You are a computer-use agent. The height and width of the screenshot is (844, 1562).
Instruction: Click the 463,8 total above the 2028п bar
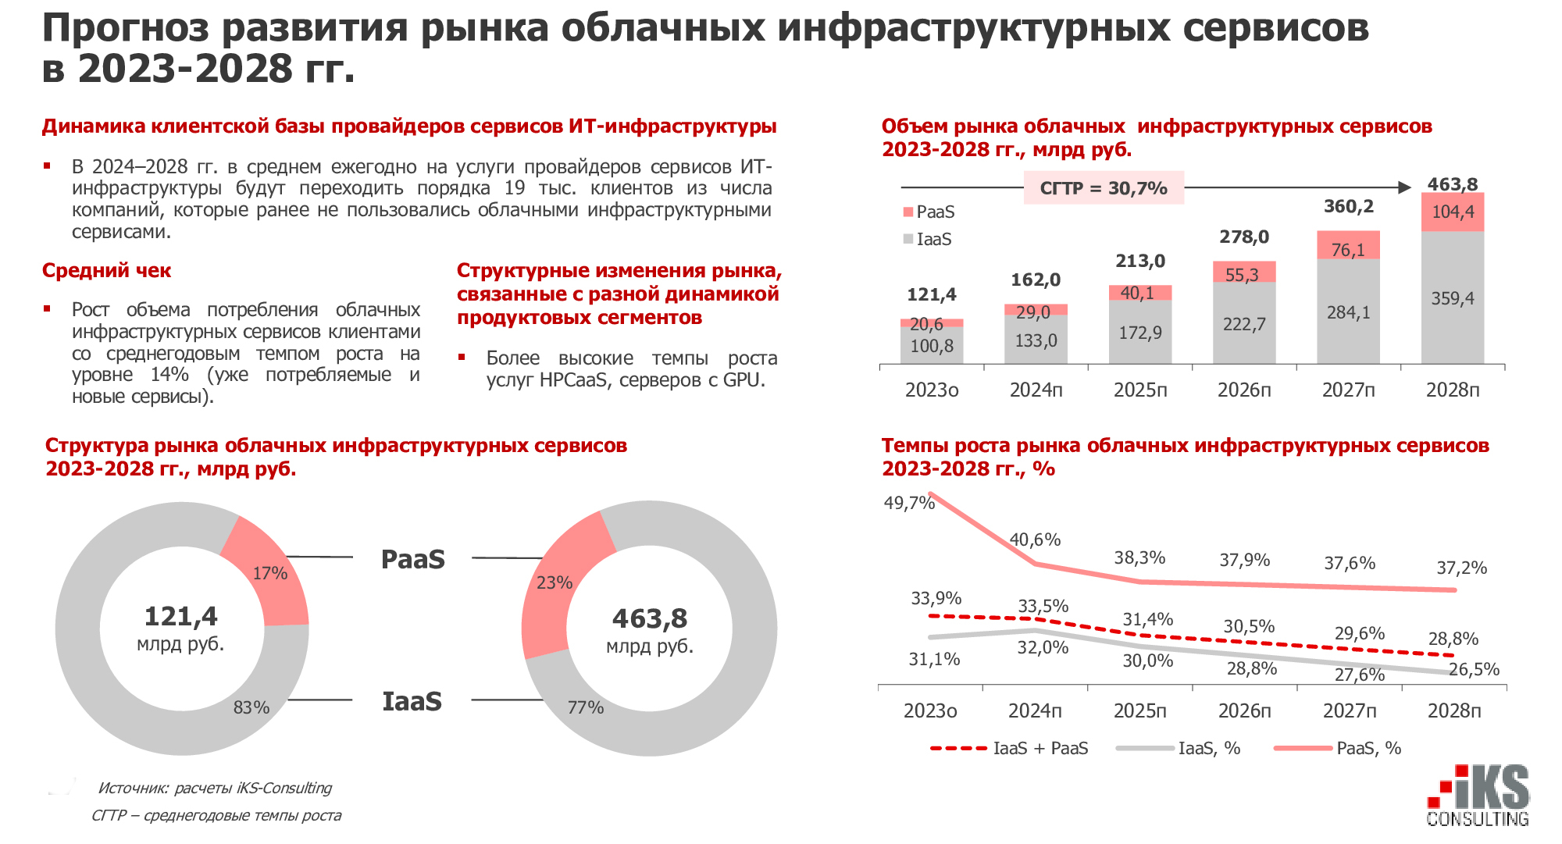point(1452,184)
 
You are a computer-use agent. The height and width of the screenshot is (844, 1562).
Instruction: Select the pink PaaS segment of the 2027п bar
point(1348,244)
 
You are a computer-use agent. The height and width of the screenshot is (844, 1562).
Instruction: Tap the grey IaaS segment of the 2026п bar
point(1244,323)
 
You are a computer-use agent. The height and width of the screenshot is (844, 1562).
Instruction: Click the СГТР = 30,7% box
point(1104,188)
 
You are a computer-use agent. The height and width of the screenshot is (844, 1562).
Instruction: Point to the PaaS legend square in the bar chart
point(908,212)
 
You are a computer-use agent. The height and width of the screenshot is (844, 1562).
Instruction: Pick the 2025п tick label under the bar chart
point(1140,390)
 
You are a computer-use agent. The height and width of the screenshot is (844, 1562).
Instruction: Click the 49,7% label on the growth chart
point(909,503)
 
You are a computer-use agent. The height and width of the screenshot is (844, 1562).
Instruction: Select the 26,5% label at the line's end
point(1474,669)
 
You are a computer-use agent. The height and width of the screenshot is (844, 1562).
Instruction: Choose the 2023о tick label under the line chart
point(930,711)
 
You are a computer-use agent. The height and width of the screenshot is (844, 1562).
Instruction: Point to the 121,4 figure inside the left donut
point(181,617)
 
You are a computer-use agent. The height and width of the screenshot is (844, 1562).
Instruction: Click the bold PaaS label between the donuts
point(412,559)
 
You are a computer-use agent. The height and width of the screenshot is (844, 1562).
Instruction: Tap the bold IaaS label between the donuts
point(412,701)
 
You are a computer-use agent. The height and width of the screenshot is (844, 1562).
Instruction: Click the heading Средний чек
point(106,271)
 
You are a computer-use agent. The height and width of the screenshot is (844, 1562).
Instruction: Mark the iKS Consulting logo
point(1478,796)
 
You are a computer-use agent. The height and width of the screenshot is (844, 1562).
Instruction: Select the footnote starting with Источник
point(215,788)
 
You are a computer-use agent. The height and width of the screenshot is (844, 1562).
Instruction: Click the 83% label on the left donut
point(251,707)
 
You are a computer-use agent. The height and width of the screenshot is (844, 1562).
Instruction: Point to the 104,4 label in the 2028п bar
point(1452,212)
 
